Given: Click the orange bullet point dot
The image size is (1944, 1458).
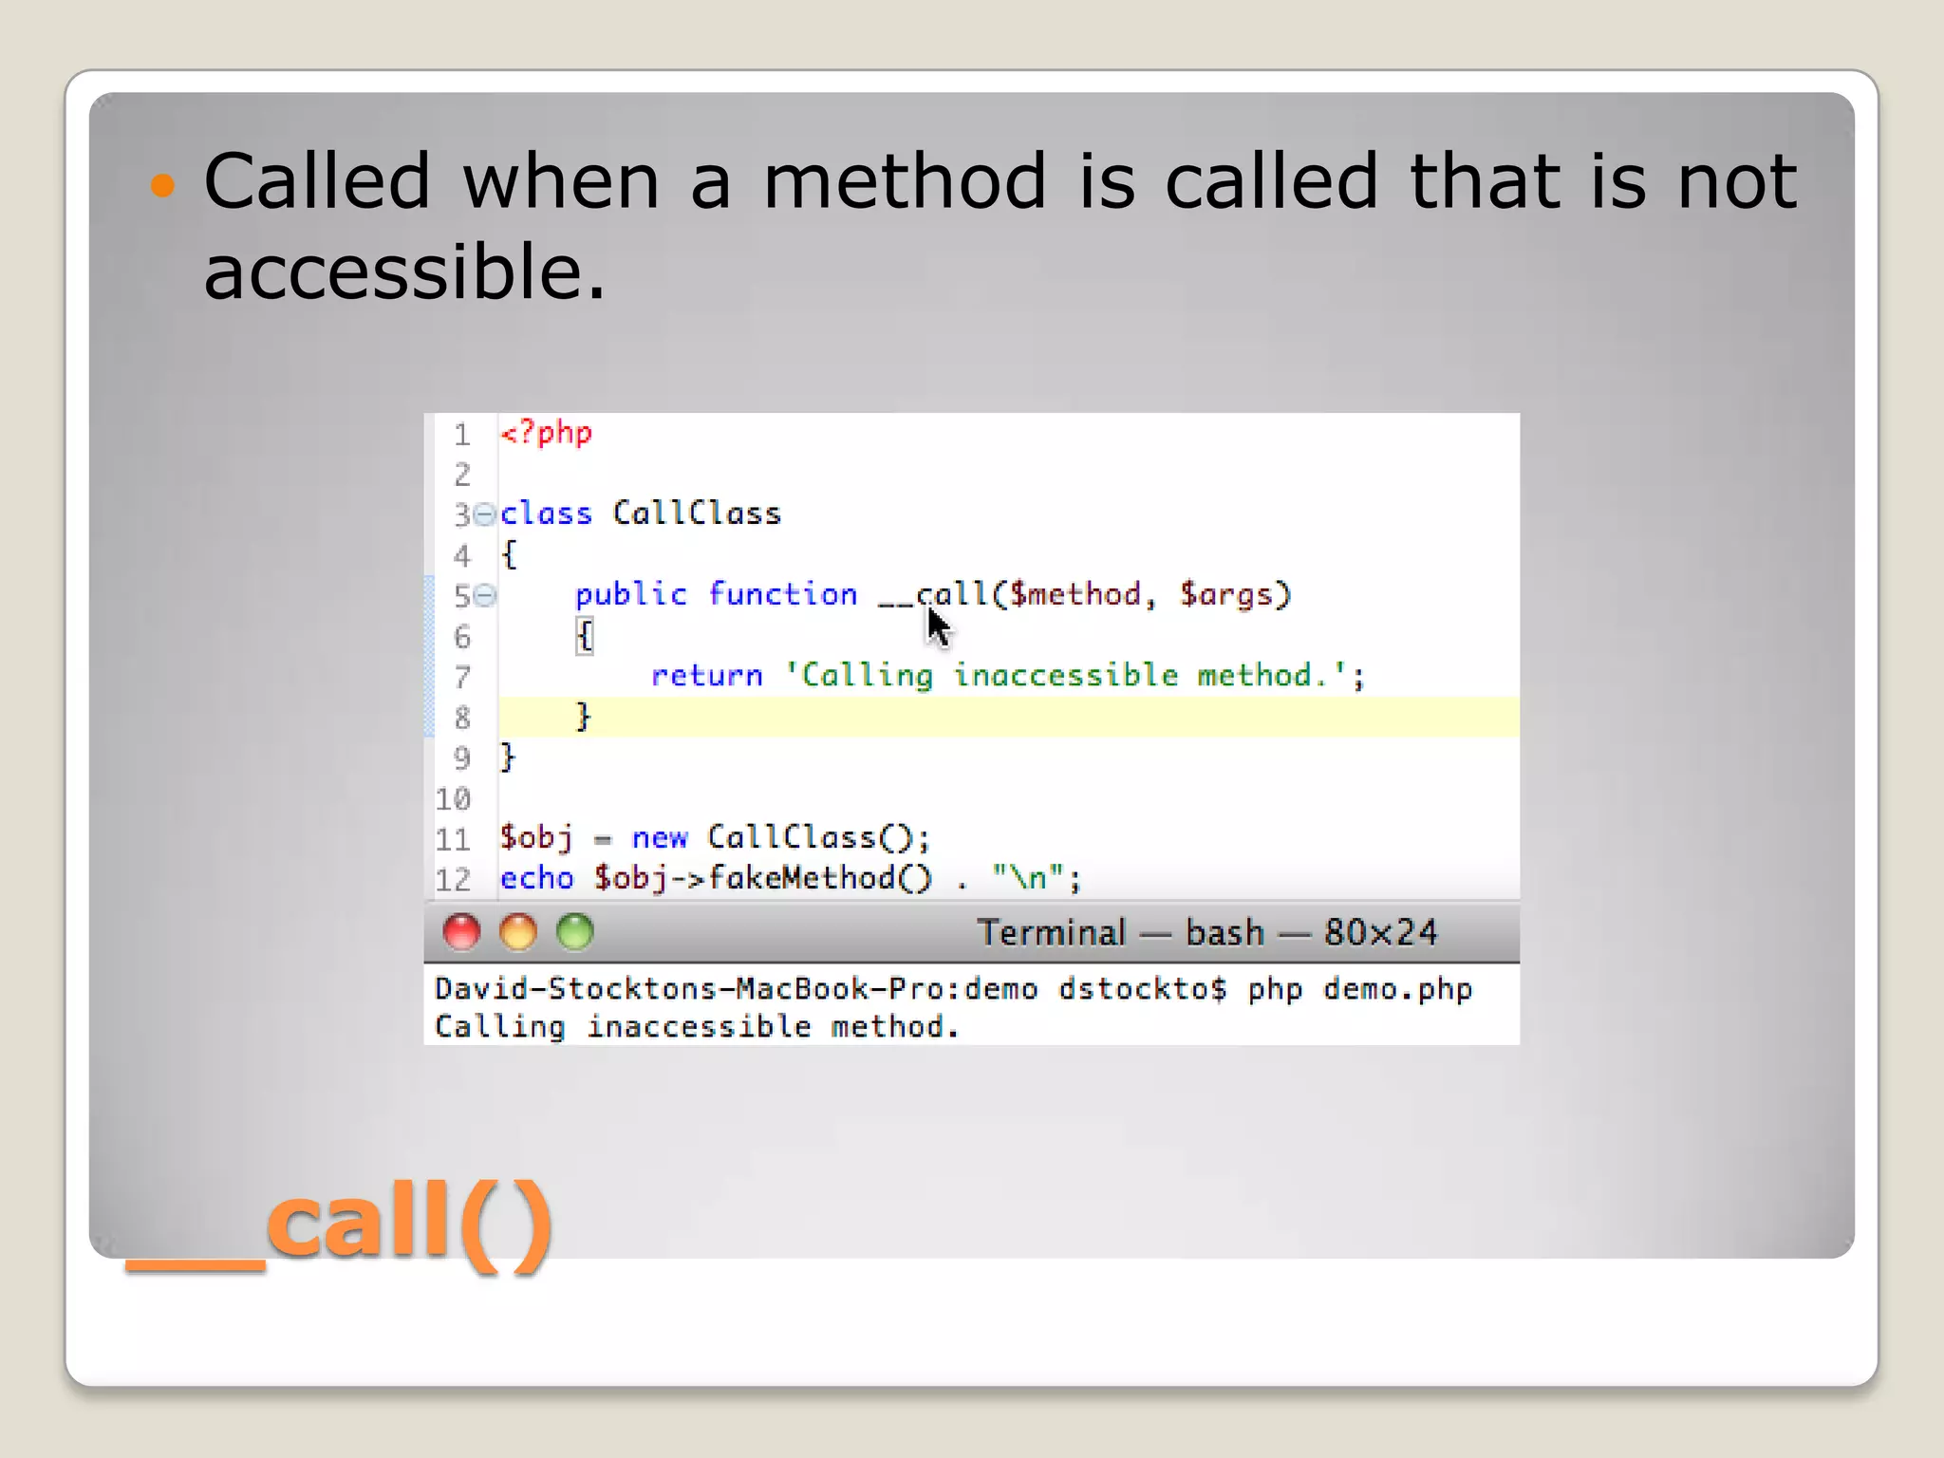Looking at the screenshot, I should click(163, 184).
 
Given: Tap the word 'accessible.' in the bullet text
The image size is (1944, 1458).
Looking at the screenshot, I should click(404, 271).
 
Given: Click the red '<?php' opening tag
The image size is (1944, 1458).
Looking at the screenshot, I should click(547, 434).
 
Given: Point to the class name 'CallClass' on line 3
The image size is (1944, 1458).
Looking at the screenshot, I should click(697, 514).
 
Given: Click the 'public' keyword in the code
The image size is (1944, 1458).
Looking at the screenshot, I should click(630, 595).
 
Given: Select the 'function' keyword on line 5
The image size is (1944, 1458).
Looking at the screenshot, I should click(782, 595).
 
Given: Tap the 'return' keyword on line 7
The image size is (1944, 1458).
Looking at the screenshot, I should click(706, 676).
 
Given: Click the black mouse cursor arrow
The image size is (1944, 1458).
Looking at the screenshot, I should click(937, 626).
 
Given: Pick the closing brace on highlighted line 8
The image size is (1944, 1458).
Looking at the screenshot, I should click(583, 716).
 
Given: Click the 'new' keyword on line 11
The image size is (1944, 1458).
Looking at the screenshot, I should click(659, 838).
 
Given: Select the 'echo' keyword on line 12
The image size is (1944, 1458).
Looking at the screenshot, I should click(537, 879).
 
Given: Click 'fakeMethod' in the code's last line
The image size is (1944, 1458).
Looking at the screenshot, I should click(800, 879).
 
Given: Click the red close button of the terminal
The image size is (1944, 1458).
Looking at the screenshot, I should click(462, 932).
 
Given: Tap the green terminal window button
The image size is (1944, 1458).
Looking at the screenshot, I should click(575, 932).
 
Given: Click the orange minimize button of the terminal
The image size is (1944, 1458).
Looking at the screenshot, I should click(518, 932).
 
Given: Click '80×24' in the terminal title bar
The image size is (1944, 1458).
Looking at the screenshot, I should click(1380, 933).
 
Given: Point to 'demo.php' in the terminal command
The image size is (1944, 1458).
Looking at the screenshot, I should click(1397, 990).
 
